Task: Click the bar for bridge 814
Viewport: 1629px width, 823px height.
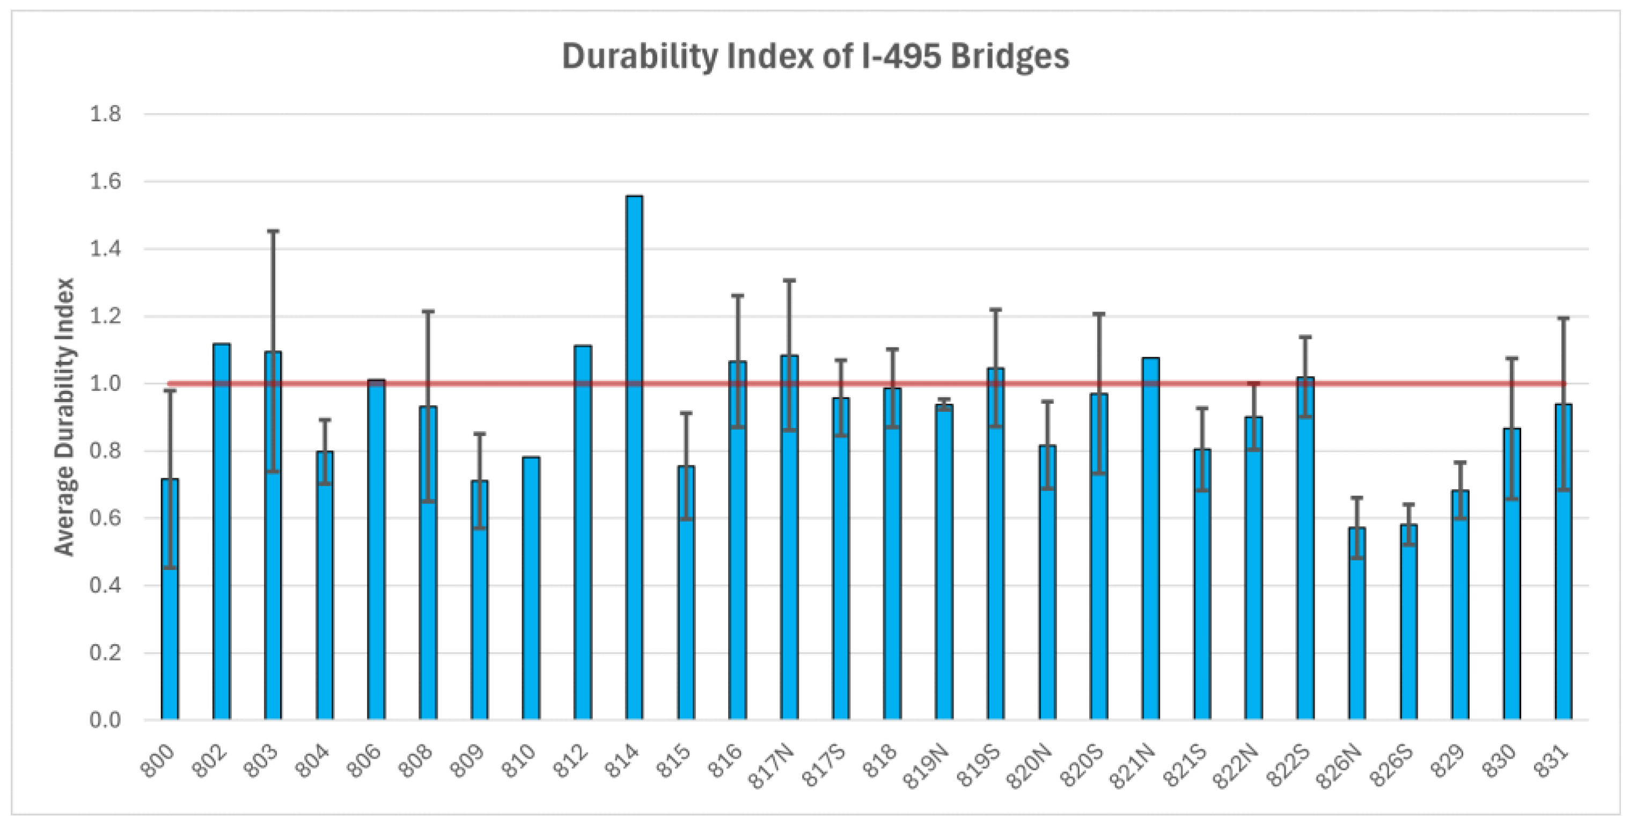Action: coord(634,457)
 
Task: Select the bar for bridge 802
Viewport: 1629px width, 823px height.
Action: coord(221,531)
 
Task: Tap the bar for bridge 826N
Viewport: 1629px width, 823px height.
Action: coord(1357,624)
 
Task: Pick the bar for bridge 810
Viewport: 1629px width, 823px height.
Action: coord(531,588)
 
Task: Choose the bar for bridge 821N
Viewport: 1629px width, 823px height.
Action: coord(1151,539)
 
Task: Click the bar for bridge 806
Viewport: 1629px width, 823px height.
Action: coord(376,550)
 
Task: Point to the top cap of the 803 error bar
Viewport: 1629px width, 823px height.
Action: coord(273,231)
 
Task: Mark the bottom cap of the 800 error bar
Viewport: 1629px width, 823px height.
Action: coord(170,567)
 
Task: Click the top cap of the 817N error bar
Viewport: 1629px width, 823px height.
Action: coord(789,280)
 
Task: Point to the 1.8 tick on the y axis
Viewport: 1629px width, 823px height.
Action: coord(106,114)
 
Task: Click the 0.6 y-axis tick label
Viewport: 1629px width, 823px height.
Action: coord(106,518)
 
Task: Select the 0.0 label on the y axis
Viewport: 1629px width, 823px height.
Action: coord(106,720)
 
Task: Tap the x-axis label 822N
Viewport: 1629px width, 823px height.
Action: coord(1237,766)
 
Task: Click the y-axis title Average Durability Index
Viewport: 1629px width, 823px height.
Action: coord(64,417)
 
